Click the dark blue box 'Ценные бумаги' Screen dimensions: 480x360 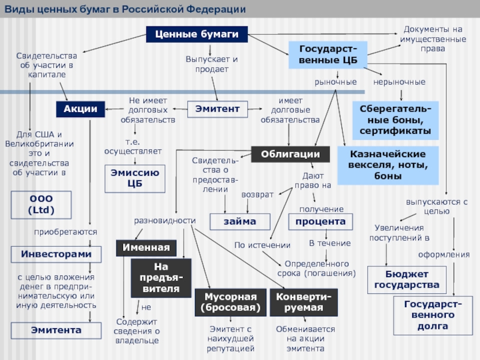point(197,34)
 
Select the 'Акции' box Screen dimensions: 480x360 point(80,109)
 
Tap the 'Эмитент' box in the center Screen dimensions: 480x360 point(217,109)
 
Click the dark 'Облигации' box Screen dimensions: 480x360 point(290,154)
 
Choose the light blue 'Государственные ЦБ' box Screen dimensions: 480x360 point(328,55)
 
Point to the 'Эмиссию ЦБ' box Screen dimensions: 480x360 point(134,178)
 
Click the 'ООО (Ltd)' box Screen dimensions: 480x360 point(41,205)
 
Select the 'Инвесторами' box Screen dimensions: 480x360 point(56,254)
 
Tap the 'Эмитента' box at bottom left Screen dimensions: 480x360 point(56,331)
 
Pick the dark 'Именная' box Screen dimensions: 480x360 point(146,248)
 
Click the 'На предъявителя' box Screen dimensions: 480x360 point(161,278)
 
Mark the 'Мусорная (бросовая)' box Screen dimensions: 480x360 point(230,302)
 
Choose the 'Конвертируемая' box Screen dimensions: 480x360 point(304,302)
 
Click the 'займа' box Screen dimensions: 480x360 point(240,221)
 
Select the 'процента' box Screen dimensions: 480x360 point(320,221)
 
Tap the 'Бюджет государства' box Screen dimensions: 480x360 point(407,280)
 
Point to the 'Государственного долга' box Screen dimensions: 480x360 point(433,316)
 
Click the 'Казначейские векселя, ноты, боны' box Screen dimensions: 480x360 point(388,166)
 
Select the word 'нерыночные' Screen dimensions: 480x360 point(399,82)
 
